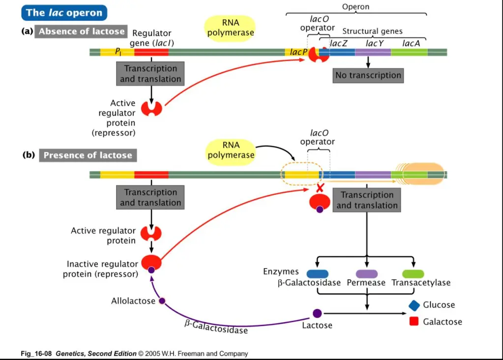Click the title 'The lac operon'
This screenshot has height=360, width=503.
pos(64,12)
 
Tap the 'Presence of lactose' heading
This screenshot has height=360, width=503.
pos(88,155)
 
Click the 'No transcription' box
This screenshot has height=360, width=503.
pos(368,75)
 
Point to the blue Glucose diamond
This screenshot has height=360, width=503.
pos(414,305)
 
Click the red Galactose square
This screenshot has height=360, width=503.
pos(414,322)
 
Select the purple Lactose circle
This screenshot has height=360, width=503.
pos(317,313)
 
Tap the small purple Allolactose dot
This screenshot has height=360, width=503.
pos(162,301)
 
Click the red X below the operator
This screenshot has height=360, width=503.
pos(320,188)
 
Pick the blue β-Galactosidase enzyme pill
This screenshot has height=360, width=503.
pos(318,274)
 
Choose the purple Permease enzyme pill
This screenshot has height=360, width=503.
pos(366,274)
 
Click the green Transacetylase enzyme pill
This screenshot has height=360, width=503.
pos(413,274)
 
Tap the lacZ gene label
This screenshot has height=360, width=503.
pos(339,43)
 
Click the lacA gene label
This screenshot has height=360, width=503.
pos(411,43)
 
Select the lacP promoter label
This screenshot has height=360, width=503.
pos(298,52)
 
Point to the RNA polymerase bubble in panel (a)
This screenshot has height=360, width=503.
pos(230,28)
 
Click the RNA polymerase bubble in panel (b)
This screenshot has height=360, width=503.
pos(231,150)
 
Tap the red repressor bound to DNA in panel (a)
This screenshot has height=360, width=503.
pos(318,55)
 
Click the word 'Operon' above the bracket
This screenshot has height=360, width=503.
pos(355,7)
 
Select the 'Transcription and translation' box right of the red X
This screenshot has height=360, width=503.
pos(367,200)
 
